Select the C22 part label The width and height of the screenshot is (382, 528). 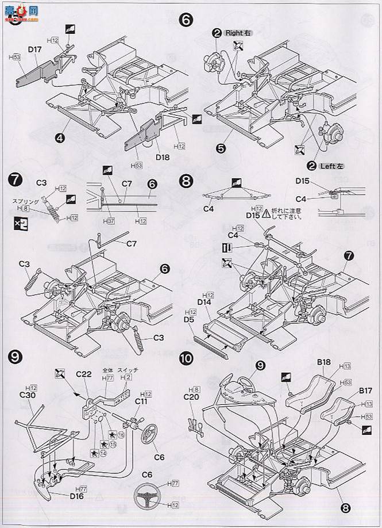click(84, 374)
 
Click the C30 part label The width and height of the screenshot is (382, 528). click(27, 395)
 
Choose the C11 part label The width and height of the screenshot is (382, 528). click(141, 401)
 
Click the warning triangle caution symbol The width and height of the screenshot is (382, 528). click(266, 214)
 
